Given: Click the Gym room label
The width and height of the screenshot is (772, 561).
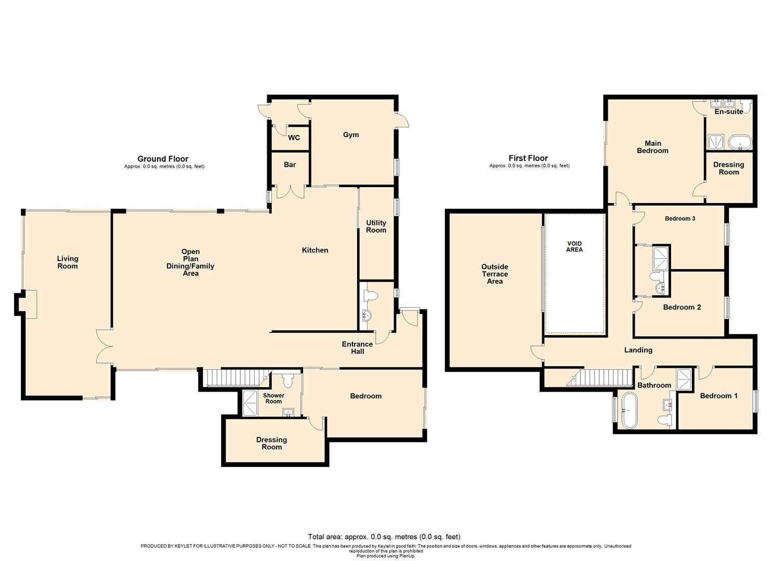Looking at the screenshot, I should click(351, 135).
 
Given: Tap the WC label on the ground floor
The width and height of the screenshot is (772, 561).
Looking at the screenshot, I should click(294, 138).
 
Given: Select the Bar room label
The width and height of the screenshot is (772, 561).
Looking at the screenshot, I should click(290, 165).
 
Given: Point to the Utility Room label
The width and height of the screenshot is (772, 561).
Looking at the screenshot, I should click(376, 226).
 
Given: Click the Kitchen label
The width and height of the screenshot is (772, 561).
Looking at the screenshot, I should click(315, 250).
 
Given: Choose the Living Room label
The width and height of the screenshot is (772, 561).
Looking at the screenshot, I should click(68, 262).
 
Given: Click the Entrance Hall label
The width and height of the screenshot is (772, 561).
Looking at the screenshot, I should click(357, 348).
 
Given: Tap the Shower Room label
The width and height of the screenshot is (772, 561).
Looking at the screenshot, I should click(273, 398).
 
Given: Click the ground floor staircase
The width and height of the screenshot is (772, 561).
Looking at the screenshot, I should click(234, 378).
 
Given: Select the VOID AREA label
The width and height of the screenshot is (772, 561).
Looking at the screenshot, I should click(574, 247).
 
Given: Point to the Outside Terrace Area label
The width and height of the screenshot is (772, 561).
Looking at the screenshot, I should click(494, 274).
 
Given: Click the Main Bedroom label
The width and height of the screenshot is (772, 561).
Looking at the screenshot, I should click(652, 147).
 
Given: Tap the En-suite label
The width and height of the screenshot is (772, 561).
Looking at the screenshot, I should click(728, 112).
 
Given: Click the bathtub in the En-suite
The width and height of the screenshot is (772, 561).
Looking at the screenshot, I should click(740, 142).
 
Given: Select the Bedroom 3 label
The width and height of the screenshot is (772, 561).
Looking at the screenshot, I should click(680, 219).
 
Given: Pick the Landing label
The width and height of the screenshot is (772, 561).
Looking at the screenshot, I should click(638, 350).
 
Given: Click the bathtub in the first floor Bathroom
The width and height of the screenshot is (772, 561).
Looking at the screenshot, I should click(630, 410).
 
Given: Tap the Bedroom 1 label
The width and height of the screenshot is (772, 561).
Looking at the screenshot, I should click(718, 396).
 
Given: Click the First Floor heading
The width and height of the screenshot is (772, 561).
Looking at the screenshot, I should click(528, 158).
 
